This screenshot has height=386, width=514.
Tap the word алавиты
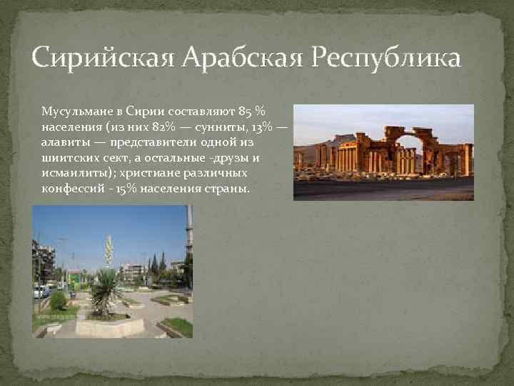64,142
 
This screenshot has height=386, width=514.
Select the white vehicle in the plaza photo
39,291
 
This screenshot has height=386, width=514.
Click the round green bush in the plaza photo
58,301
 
